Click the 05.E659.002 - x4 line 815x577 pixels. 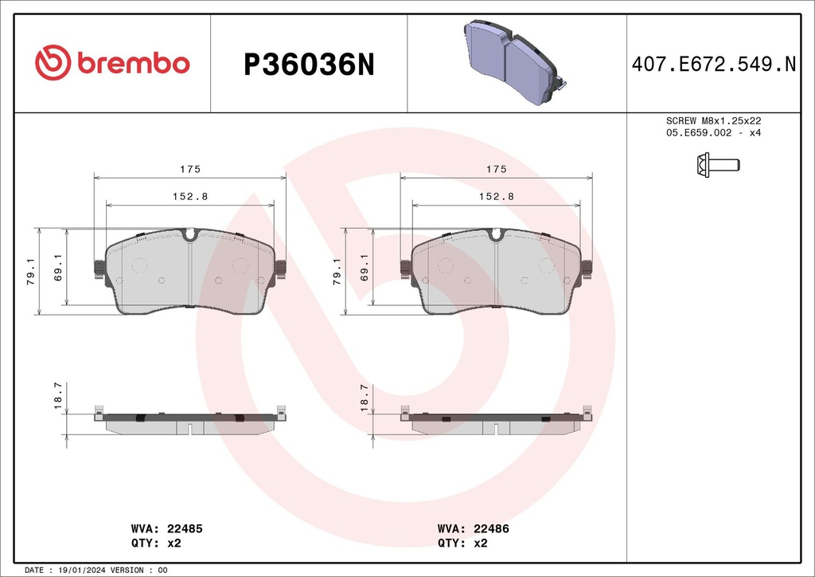[714, 132]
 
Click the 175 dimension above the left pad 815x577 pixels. [189, 169]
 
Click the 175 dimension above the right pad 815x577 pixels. [496, 169]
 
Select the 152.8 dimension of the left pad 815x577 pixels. [189, 196]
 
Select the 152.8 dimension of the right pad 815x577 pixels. [496, 196]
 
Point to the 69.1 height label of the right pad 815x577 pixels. [364, 269]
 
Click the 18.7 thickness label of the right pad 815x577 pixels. [364, 396]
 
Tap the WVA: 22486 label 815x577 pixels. [474, 528]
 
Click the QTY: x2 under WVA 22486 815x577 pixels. [462, 543]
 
